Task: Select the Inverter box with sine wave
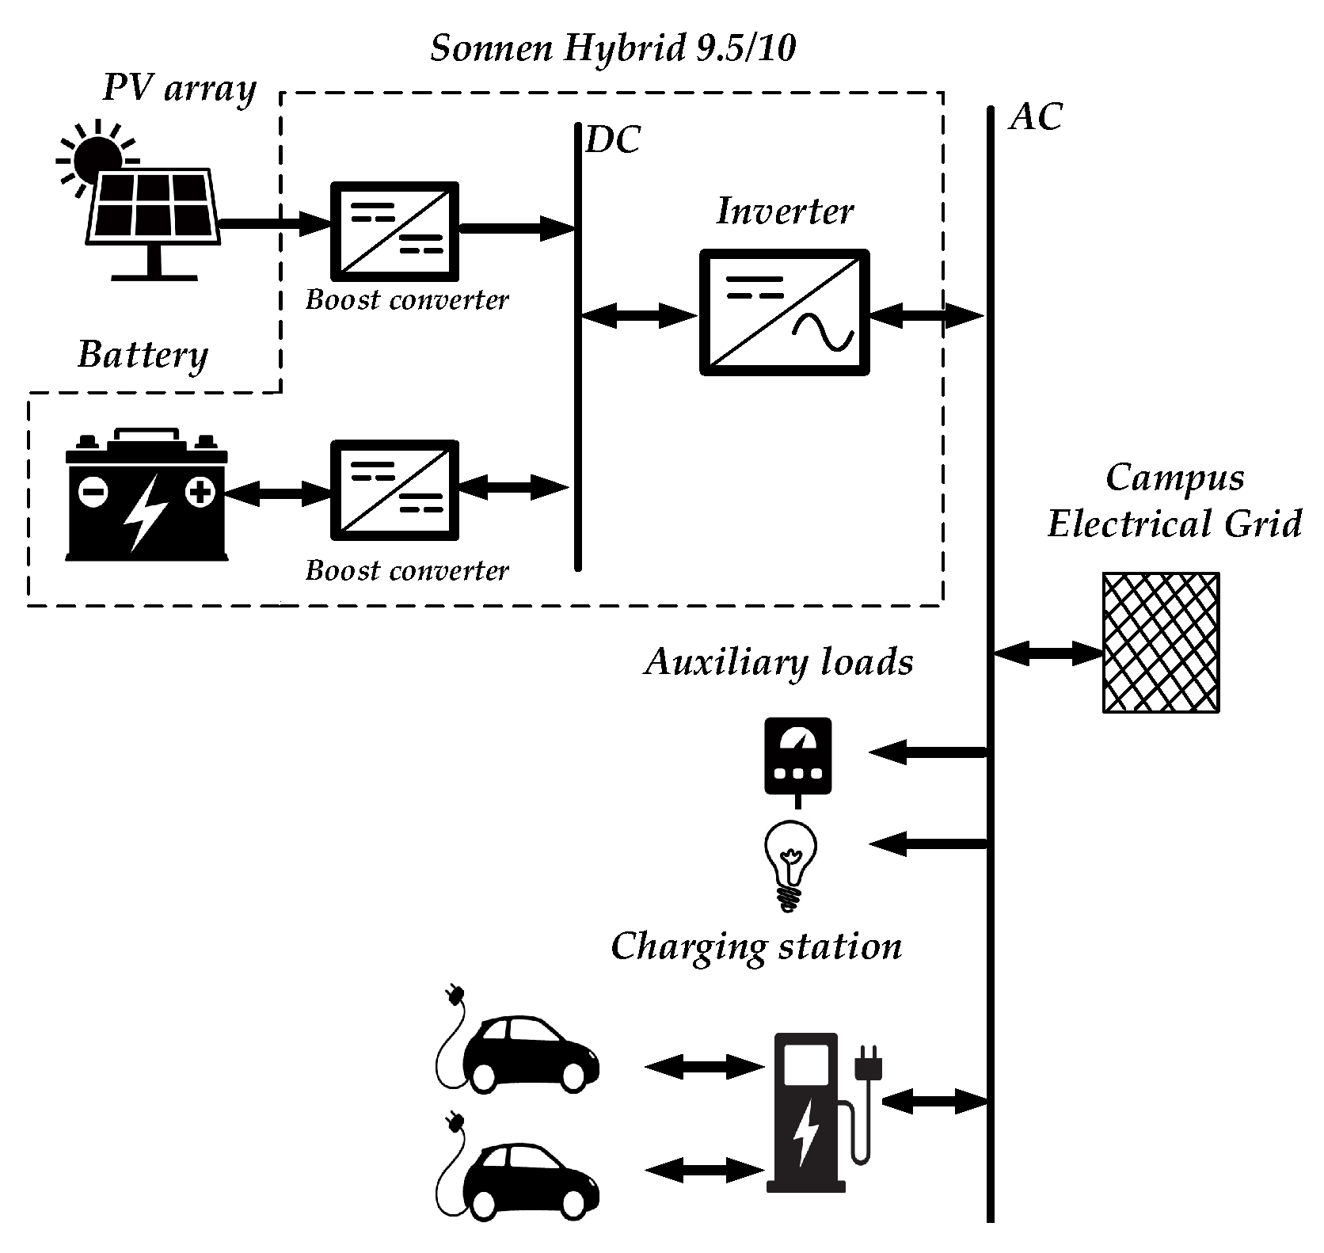coord(785,312)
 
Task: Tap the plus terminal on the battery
coord(200,493)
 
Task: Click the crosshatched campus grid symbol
coord(1160,642)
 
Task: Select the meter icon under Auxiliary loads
coord(797,757)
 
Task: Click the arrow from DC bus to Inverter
coord(638,316)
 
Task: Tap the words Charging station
coord(756,947)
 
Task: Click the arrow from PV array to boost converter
coord(273,225)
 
